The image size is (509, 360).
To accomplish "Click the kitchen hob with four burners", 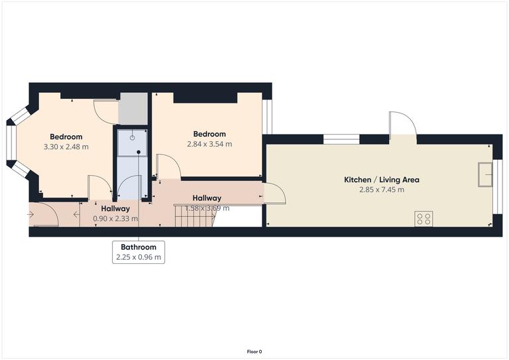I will (424, 219).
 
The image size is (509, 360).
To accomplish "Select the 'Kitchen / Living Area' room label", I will (381, 180).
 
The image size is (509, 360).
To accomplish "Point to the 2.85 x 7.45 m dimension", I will (381, 190).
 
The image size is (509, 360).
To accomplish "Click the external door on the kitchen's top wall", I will (402, 126).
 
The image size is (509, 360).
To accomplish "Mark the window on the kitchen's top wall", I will (341, 139).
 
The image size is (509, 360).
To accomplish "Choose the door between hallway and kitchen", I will (274, 193).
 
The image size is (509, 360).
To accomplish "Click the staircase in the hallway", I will (193, 215).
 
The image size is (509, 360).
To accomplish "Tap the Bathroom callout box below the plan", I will (139, 251).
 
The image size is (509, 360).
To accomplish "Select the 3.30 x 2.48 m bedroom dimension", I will (66, 147).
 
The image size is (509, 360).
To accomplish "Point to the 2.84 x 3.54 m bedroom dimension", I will (209, 144).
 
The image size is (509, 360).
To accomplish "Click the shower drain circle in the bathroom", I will (132, 137).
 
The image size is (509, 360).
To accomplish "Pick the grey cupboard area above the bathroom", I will (133, 109).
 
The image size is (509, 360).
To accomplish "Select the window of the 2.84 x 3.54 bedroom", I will (267, 117).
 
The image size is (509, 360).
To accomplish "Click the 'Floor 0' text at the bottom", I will (254, 351).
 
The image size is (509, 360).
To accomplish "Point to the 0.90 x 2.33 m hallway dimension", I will (115, 218).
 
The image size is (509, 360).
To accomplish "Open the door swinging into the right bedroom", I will (167, 166).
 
